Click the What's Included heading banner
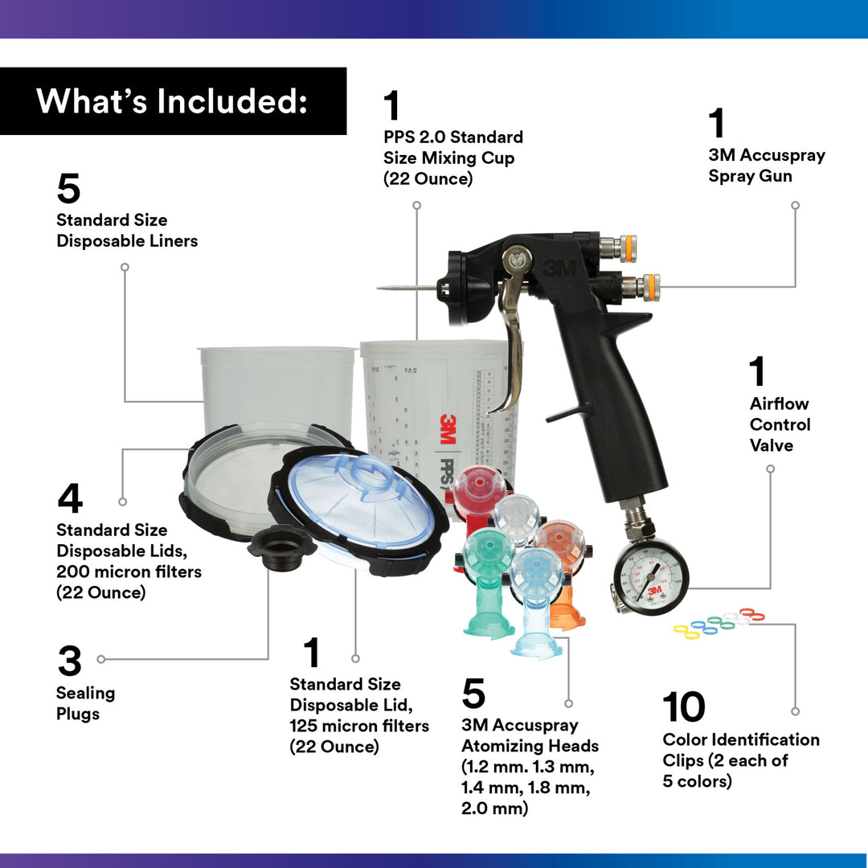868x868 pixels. click(173, 101)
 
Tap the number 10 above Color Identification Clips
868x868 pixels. click(684, 706)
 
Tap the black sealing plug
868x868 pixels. click(280, 547)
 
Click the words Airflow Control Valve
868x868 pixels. click(780, 424)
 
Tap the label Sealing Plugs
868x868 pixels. click(85, 703)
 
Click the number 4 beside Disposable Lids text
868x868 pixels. click(70, 498)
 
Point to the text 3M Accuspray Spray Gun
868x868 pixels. click(766, 166)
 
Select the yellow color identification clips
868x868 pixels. click(686, 632)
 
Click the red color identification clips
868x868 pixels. click(751, 615)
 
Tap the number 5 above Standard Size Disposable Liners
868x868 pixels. click(68, 189)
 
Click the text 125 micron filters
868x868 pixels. click(359, 726)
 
